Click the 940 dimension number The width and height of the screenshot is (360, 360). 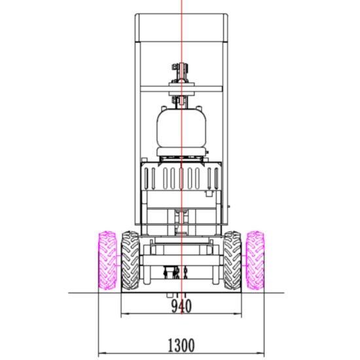click(181, 306)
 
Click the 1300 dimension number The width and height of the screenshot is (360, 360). click(181, 345)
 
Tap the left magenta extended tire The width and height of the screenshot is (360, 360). click(107, 260)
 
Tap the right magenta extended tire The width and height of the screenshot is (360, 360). click(255, 260)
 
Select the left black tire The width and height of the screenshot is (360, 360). click(130, 261)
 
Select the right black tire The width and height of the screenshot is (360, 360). click(232, 261)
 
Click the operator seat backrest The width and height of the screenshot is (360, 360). click(181, 128)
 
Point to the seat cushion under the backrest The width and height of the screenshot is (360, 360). click(181, 152)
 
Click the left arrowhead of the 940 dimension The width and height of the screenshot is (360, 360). click(124, 314)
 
